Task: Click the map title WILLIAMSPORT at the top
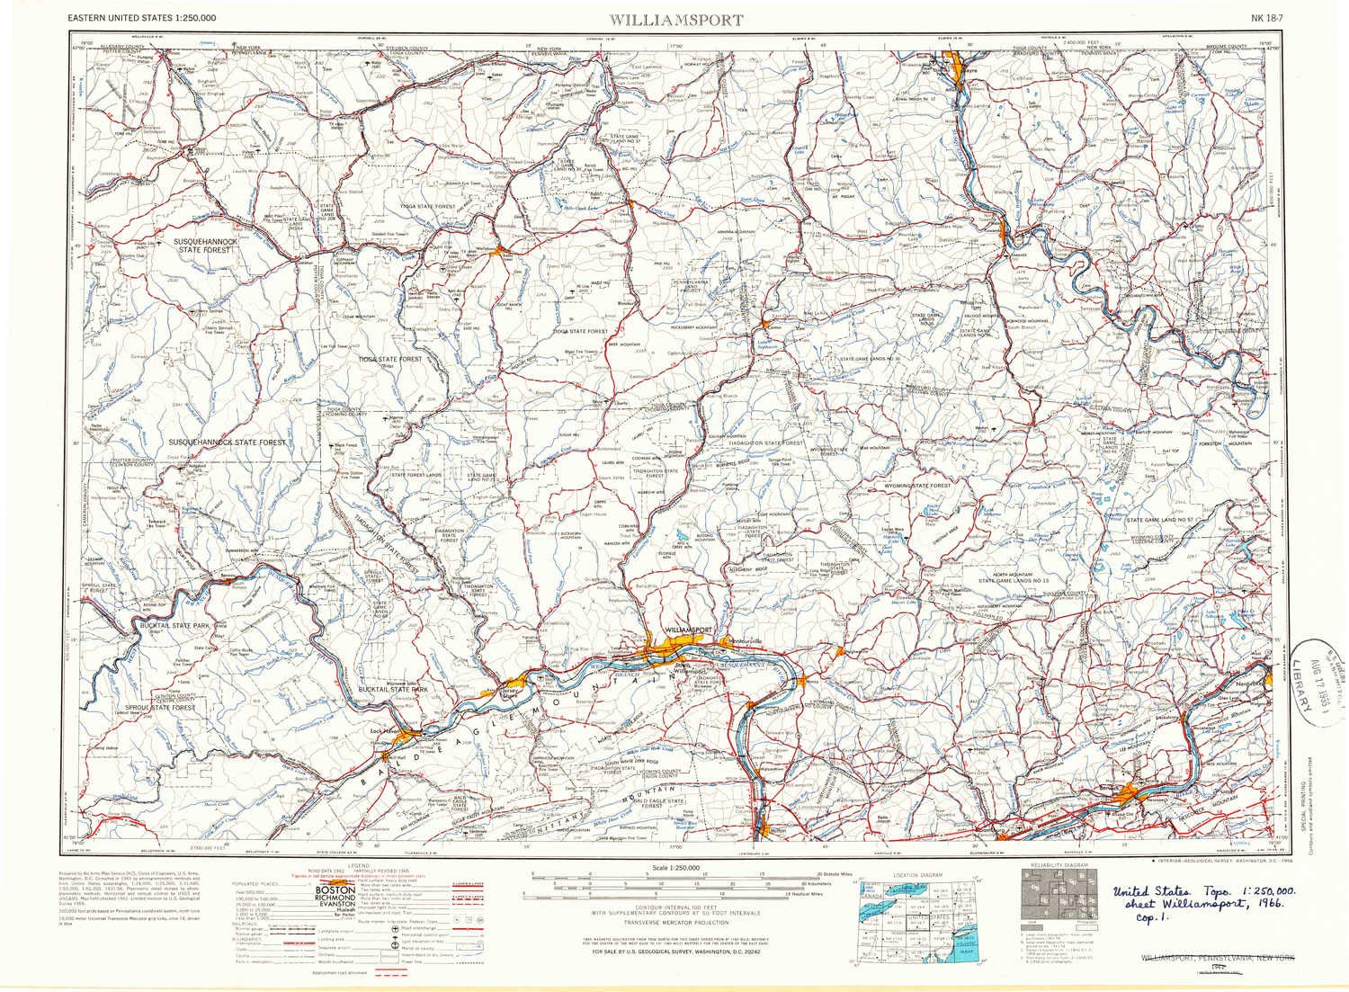pos(676,19)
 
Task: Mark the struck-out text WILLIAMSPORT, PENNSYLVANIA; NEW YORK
pos(1216,959)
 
